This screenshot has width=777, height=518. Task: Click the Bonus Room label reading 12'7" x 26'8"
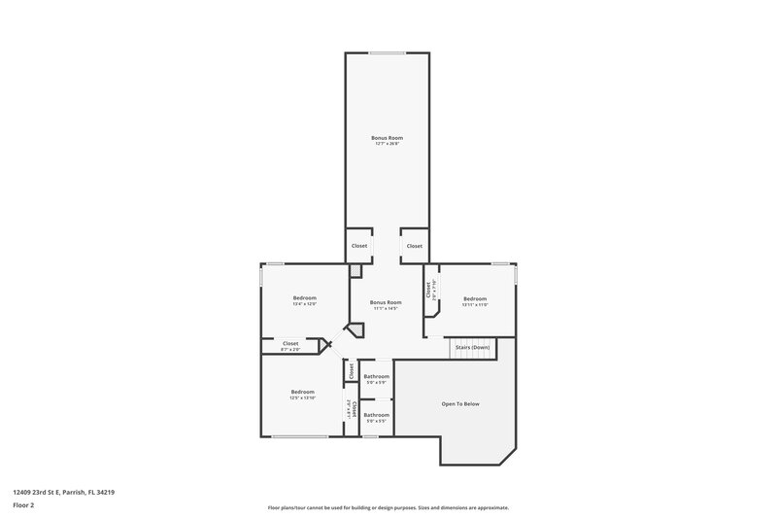point(387,141)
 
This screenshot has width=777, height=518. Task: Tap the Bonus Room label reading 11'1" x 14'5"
point(386,305)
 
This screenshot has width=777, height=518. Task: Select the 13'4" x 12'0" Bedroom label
point(305,301)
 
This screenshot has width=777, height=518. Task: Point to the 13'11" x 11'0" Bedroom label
point(474,301)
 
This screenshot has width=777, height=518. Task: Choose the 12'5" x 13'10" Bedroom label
point(302,395)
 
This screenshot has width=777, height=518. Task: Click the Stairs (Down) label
point(473,347)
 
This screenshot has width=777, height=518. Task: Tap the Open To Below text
point(460,403)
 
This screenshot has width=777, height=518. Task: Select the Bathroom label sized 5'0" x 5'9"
point(376,379)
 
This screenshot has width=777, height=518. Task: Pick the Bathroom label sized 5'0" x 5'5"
point(376,418)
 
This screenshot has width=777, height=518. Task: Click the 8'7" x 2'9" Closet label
point(290,345)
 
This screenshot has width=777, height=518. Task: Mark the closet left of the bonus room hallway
point(359,246)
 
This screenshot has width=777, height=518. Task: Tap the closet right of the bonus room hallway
point(415,246)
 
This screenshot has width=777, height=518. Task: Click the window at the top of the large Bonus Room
point(387,52)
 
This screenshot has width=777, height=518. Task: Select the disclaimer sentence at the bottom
point(388,507)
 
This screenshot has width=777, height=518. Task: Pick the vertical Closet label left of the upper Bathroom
point(351,371)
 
